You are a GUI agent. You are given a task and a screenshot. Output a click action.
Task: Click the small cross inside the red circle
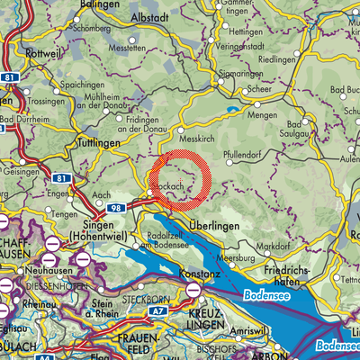coord(180,181)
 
